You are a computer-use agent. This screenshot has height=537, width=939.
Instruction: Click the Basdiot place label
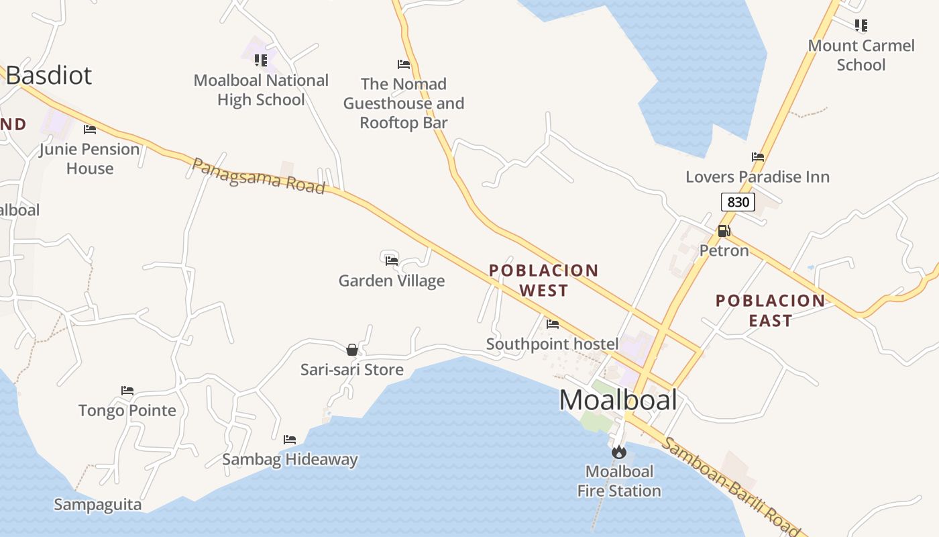(49, 75)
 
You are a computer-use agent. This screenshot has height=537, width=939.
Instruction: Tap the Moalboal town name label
(618, 400)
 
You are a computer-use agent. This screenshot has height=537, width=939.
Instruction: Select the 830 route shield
(738, 201)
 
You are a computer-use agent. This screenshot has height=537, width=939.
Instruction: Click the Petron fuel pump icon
(724, 232)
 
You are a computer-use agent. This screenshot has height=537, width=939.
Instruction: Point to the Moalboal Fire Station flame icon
(618, 452)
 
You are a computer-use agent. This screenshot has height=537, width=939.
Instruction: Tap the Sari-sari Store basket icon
(352, 350)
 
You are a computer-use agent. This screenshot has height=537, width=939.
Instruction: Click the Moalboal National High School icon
(261, 60)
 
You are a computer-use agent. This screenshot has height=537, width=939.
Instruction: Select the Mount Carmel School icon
(861, 26)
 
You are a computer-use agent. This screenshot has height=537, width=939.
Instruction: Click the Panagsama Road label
(259, 176)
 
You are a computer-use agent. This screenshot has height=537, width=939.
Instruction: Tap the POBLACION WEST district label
(544, 281)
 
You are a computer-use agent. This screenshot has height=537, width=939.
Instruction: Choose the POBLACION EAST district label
(771, 310)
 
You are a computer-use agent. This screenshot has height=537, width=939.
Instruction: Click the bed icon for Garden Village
(392, 260)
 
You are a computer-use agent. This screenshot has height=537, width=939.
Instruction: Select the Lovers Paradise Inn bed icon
(758, 157)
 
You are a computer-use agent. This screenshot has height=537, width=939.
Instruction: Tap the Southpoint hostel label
(552, 344)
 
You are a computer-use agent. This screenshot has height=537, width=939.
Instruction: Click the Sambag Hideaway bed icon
(290, 440)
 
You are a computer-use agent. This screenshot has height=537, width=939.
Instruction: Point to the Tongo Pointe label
(127, 410)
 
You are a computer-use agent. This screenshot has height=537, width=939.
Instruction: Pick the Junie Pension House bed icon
(90, 130)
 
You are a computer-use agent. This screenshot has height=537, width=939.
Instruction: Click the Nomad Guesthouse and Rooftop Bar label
(404, 103)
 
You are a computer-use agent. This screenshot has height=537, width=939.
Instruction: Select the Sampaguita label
(98, 505)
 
